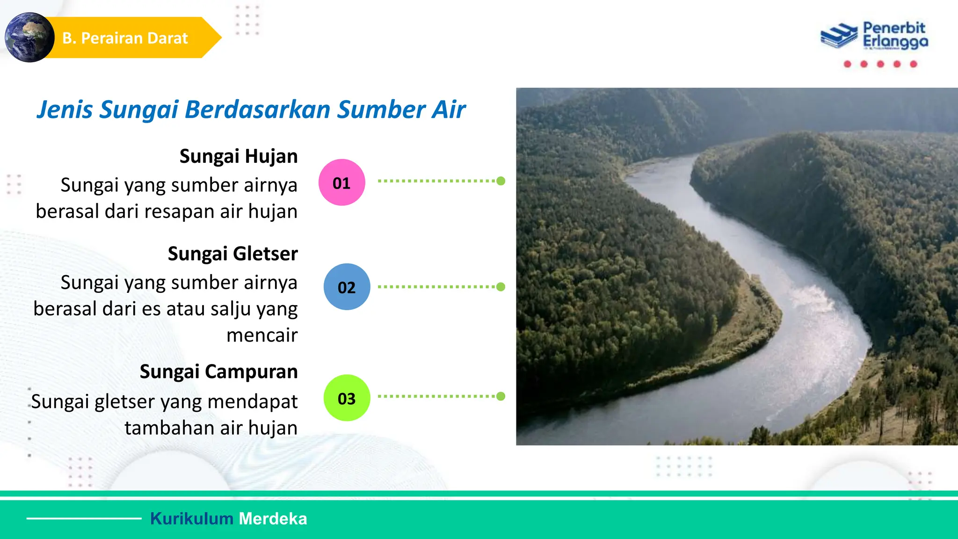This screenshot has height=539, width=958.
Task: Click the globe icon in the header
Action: (x=29, y=37)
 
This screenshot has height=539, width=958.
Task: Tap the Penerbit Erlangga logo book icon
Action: (x=839, y=36)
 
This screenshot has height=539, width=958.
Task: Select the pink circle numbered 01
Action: (x=341, y=182)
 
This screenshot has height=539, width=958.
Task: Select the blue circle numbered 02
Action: (x=347, y=287)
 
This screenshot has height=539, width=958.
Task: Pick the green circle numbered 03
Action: (x=347, y=398)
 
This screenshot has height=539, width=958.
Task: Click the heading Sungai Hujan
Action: (x=239, y=156)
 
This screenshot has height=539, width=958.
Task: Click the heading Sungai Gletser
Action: (x=232, y=254)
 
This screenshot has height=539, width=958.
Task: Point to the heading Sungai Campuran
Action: (x=218, y=371)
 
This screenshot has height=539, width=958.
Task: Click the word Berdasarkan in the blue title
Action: (x=258, y=109)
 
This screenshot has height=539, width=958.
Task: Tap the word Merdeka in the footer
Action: (x=273, y=518)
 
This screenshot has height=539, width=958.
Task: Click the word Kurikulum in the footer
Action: (x=191, y=518)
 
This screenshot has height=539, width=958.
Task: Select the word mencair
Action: (x=262, y=335)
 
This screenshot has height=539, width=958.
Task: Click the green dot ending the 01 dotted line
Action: (x=501, y=181)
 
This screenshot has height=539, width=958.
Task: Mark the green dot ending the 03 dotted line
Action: (x=501, y=396)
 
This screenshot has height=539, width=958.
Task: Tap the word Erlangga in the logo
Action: (x=895, y=42)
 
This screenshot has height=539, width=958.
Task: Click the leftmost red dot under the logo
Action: (x=847, y=64)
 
